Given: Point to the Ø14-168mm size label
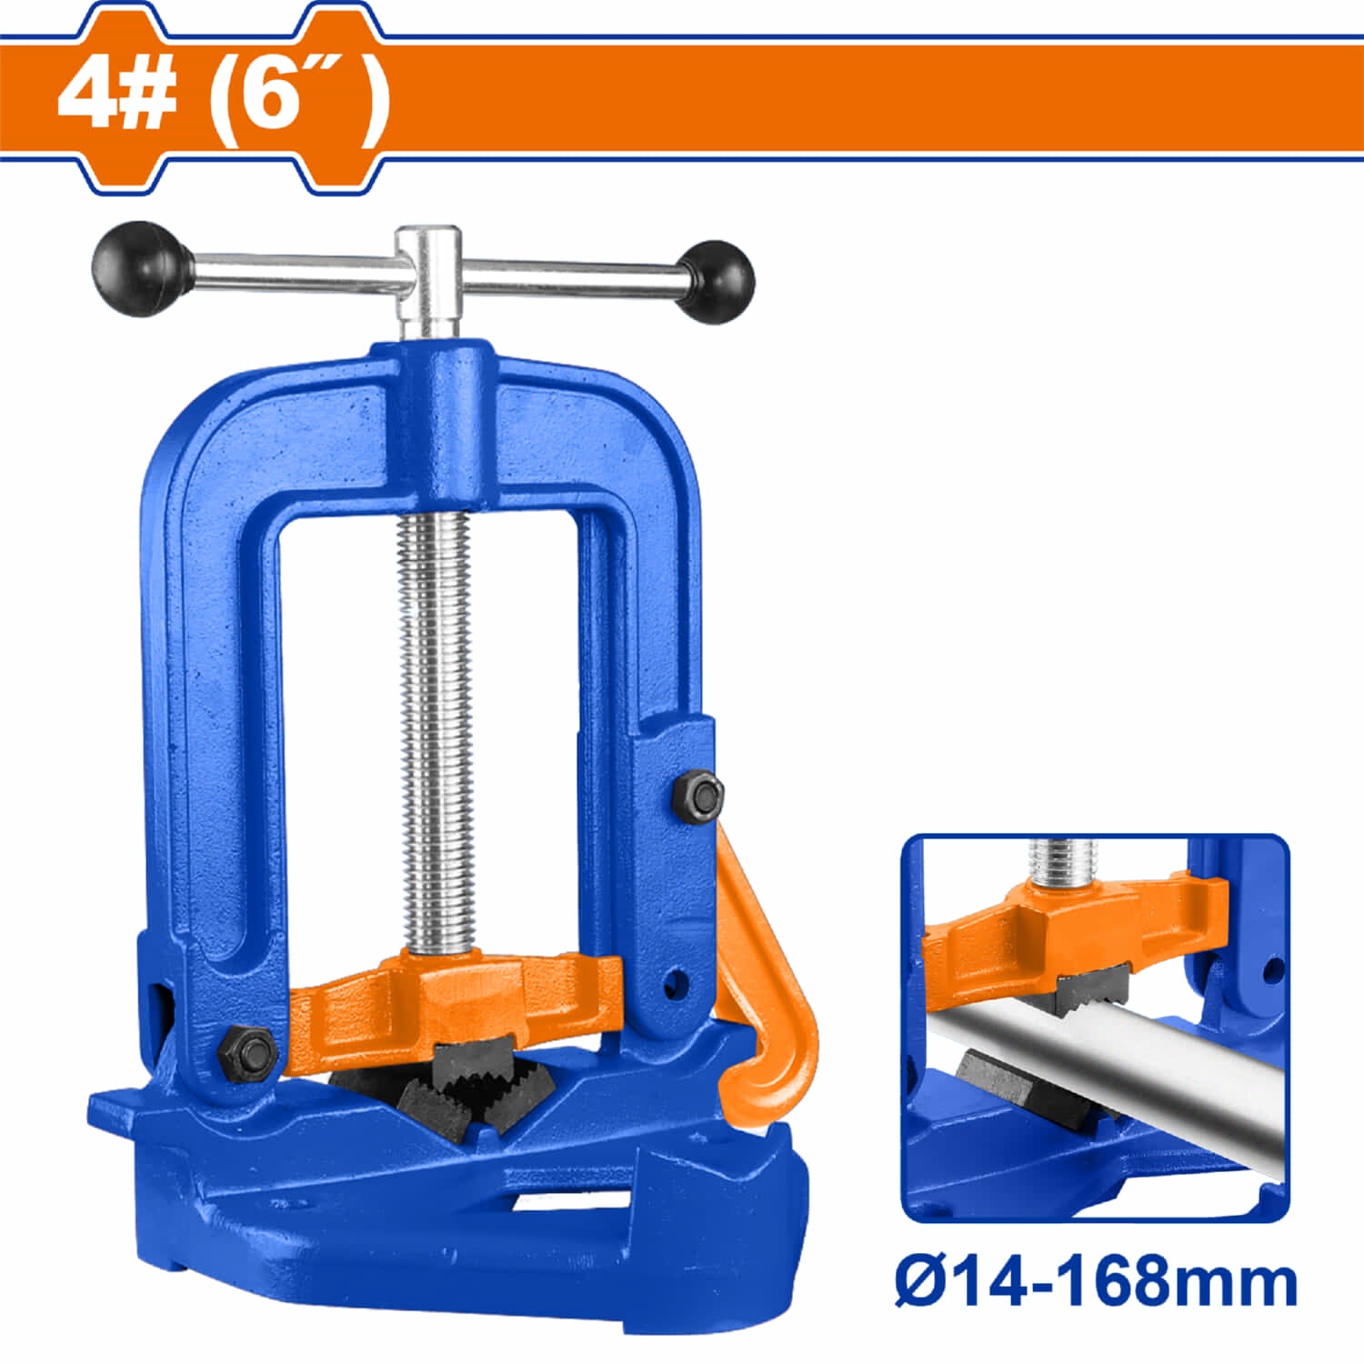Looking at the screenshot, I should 1095,1282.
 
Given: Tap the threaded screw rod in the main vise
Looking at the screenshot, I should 436,727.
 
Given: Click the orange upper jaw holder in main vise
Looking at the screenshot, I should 455,1000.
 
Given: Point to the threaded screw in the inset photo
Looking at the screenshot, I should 1064,859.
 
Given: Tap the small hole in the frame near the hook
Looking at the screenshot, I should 674,984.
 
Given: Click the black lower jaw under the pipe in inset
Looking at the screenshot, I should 1000,1082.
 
